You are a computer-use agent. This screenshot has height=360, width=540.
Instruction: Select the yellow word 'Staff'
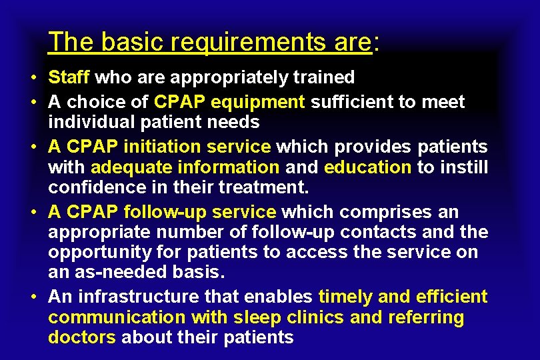tap(69, 77)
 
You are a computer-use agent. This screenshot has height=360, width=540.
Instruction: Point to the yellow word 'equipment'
tap(264, 102)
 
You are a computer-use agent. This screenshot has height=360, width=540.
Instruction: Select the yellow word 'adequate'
tap(125, 167)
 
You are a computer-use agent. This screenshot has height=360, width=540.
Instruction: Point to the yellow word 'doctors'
tap(81, 337)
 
